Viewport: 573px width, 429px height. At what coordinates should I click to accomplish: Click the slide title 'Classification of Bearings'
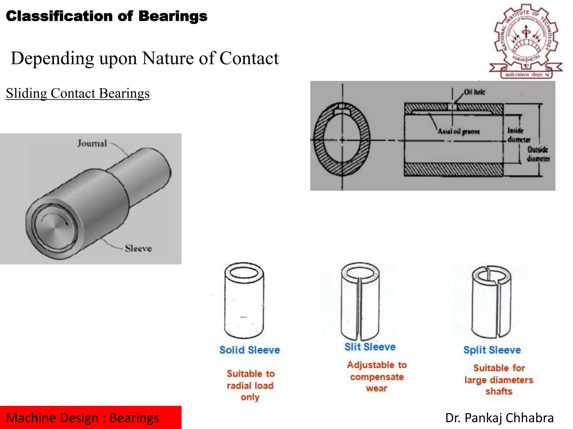[107, 16]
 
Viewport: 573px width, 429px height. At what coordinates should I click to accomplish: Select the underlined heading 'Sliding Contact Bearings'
[78, 93]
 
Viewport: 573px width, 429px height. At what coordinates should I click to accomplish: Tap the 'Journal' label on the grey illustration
[92, 143]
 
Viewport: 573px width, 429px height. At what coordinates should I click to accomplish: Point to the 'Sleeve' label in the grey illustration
[138, 248]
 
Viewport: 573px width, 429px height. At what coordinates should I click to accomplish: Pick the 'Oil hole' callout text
[475, 92]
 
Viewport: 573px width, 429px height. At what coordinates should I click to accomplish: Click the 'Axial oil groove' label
[459, 131]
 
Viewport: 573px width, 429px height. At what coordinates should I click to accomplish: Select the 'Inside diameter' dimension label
[518, 135]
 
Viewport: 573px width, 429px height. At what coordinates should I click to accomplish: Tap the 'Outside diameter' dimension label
[538, 154]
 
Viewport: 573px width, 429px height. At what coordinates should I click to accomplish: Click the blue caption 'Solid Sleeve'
[250, 350]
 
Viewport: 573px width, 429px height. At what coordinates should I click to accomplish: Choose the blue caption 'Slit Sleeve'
[370, 347]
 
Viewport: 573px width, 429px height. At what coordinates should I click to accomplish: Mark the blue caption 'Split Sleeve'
[492, 350]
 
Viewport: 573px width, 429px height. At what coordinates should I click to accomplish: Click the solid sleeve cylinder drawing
[244, 300]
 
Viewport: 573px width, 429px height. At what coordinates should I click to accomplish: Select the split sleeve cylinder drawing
[491, 302]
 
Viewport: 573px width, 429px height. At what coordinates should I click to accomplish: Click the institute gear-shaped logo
[526, 40]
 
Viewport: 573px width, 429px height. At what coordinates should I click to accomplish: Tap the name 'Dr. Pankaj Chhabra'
[499, 418]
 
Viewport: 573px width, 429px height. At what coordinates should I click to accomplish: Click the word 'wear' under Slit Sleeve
[377, 389]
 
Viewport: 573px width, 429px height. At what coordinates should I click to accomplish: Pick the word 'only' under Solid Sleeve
[250, 397]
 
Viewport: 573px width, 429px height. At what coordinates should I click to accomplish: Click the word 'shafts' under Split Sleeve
[499, 391]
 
